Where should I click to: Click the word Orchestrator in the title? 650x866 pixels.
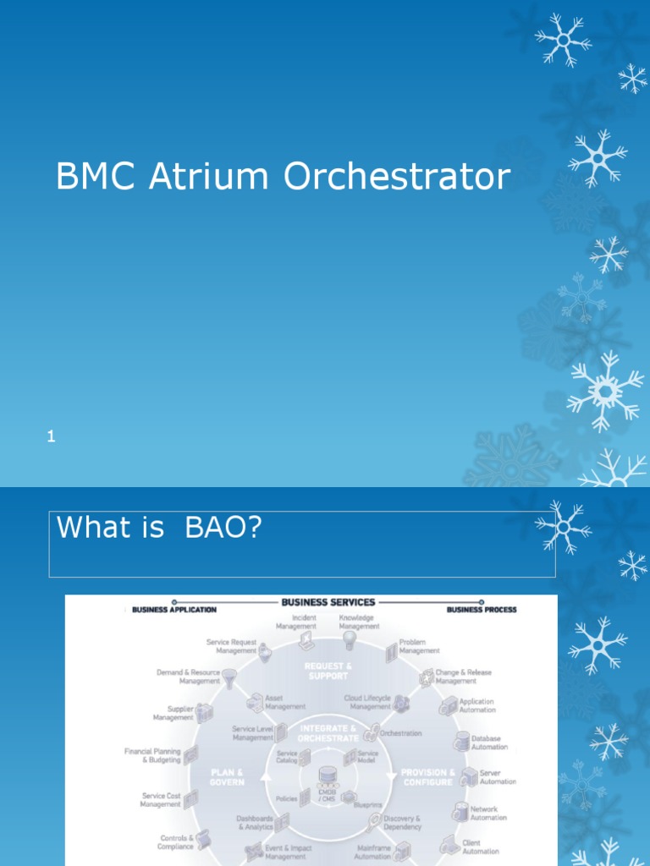click(x=397, y=177)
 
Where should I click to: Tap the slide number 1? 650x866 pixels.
click(x=52, y=437)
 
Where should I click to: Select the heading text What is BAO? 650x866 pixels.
click(x=159, y=528)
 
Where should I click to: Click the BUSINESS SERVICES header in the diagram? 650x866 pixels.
click(x=328, y=602)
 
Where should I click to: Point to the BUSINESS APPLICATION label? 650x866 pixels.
click(x=174, y=609)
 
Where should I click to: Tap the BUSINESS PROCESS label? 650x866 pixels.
click(x=482, y=609)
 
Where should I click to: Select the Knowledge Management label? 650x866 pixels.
click(x=359, y=622)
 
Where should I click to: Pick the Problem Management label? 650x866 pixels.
click(x=419, y=647)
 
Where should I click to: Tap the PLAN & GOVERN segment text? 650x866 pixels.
click(x=227, y=777)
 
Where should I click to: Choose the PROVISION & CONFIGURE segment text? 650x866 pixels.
click(x=427, y=777)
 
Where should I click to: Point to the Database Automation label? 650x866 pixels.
click(x=489, y=743)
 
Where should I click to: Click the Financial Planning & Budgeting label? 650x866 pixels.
click(x=152, y=755)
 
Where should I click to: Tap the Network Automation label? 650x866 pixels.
click(x=488, y=813)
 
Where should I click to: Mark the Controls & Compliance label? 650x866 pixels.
click(x=175, y=842)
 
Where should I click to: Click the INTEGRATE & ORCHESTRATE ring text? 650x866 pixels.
click(x=328, y=732)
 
